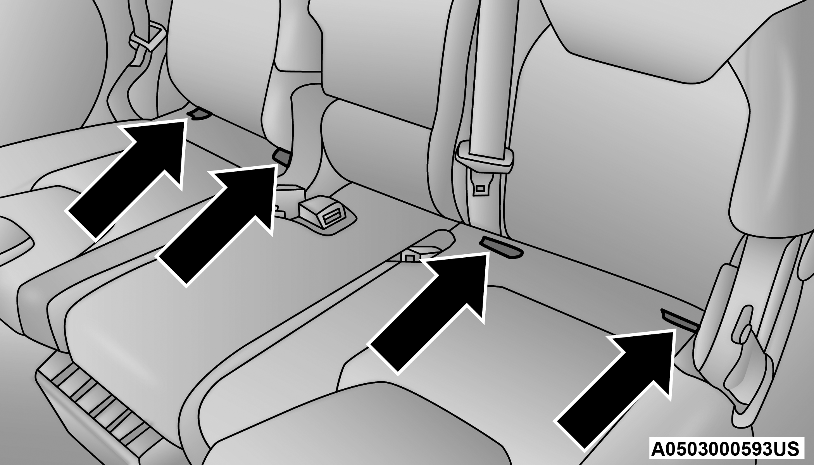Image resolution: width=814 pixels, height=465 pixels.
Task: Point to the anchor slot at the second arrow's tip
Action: [283, 156]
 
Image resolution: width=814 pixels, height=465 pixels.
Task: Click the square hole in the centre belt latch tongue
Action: [481, 188]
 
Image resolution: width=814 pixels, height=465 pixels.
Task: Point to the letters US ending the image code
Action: [787, 448]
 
